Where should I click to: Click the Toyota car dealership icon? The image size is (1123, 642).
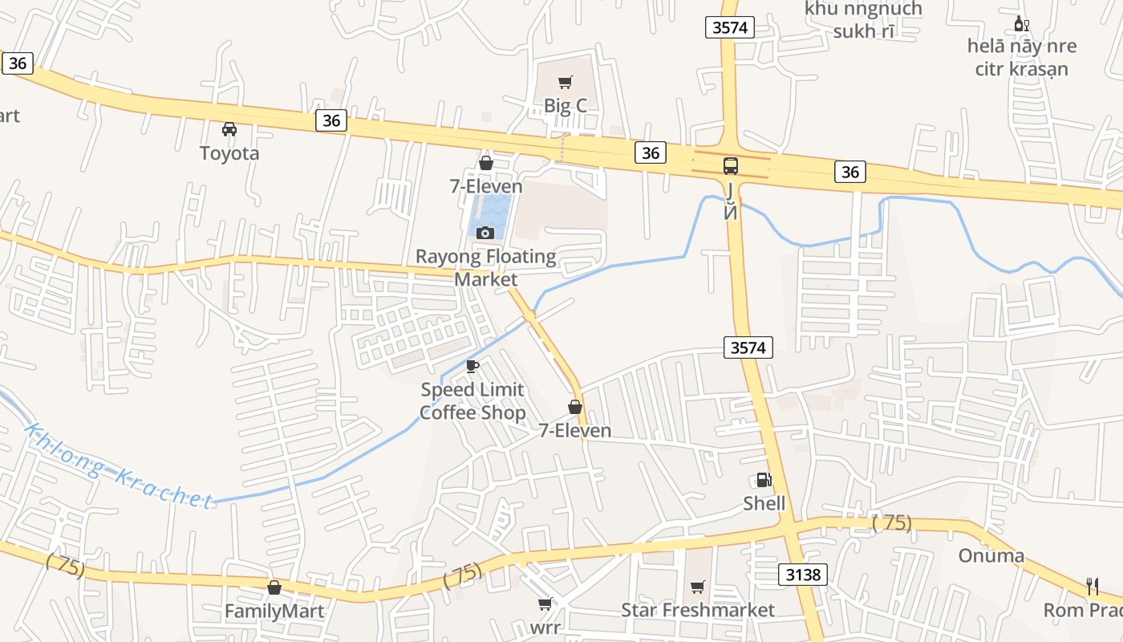click(x=229, y=128)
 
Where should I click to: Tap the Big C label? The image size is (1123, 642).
click(x=566, y=105)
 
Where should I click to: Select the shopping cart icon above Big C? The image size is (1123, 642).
click(x=566, y=82)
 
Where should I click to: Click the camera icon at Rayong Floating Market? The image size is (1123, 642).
click(x=484, y=233)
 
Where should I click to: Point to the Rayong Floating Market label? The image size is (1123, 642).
click(x=485, y=268)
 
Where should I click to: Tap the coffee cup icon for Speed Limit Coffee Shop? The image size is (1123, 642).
click(x=472, y=367)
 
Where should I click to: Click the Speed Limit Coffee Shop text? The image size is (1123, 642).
click(x=473, y=401)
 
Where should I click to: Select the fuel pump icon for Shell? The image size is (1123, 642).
click(x=764, y=480)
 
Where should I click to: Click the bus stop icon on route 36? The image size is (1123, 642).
click(x=730, y=166)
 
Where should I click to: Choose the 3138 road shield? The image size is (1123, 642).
click(x=802, y=574)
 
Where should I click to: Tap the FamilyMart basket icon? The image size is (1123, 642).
click(x=274, y=587)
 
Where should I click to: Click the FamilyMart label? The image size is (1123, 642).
click(x=274, y=612)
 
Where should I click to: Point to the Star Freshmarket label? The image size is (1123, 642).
click(x=698, y=610)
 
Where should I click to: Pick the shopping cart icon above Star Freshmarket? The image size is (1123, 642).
click(x=698, y=587)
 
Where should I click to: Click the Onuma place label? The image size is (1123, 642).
click(x=991, y=555)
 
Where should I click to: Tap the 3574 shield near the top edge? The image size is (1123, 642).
click(x=730, y=27)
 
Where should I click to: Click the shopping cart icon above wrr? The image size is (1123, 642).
click(x=545, y=603)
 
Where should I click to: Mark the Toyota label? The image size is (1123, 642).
click(x=229, y=152)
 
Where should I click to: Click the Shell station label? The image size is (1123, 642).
click(x=764, y=503)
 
